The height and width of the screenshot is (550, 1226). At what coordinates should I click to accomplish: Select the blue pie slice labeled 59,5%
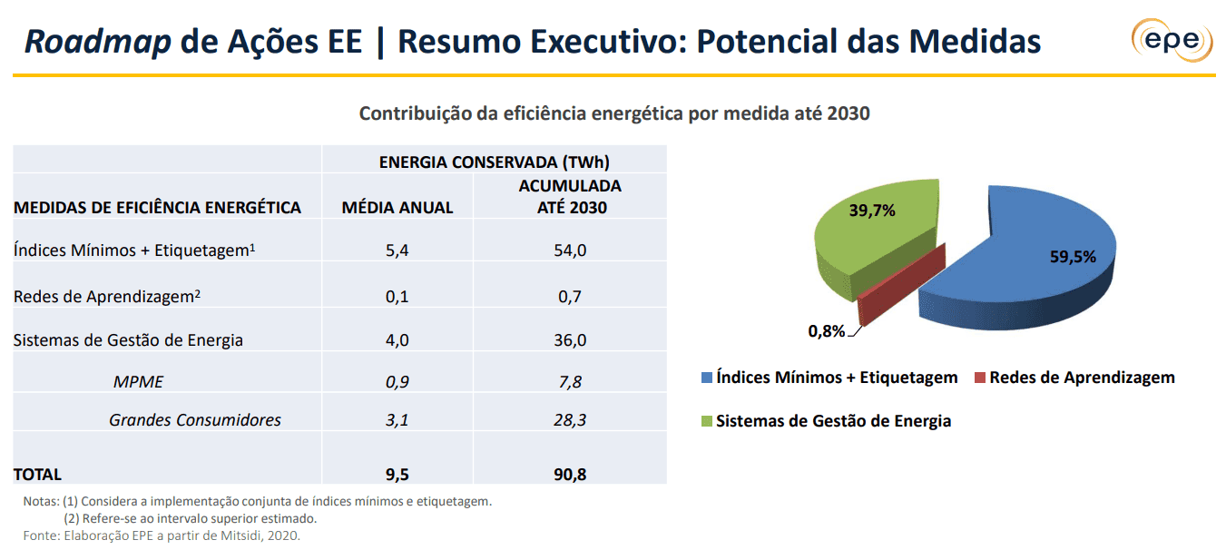click(1025, 259)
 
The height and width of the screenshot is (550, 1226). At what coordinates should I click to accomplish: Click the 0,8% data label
click(827, 330)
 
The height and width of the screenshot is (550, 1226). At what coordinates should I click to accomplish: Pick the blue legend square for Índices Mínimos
click(705, 378)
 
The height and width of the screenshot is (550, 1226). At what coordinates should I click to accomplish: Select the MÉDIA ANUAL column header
click(397, 208)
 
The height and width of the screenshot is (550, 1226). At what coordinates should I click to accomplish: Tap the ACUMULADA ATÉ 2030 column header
click(570, 196)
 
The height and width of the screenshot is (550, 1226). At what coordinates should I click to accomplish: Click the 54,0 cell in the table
click(570, 250)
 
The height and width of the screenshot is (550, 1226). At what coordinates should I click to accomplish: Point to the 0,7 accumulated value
click(570, 296)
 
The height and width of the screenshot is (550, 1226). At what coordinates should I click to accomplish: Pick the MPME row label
click(138, 382)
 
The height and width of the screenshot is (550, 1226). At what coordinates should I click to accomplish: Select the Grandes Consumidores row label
click(194, 420)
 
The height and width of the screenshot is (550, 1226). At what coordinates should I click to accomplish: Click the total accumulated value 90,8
click(570, 474)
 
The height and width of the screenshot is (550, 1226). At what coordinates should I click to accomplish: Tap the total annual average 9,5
click(397, 474)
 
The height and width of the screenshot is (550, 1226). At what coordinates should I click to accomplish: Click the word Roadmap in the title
click(97, 42)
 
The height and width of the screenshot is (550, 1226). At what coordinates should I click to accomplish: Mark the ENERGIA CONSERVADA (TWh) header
click(494, 162)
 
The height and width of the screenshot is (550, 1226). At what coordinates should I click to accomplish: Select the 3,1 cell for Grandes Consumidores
click(397, 420)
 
